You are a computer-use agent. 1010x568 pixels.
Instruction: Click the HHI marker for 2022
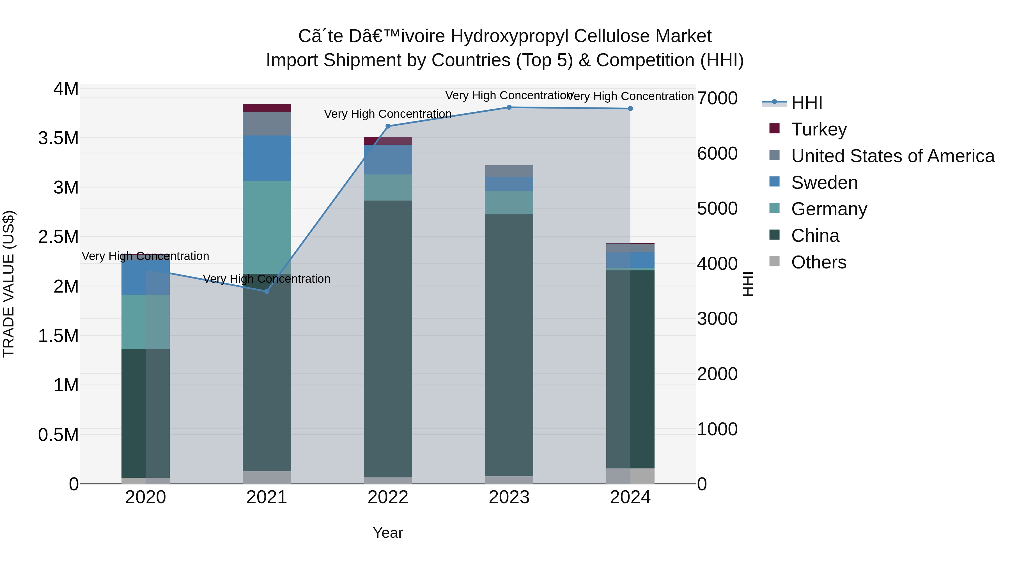(388, 126)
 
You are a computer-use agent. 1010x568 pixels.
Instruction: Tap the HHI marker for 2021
(267, 291)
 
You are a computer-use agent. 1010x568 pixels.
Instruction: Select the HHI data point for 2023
(509, 107)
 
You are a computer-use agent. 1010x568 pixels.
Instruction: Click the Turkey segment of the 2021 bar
(267, 108)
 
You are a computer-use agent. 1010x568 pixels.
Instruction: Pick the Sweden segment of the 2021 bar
(267, 158)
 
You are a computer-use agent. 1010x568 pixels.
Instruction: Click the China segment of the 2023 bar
(509, 345)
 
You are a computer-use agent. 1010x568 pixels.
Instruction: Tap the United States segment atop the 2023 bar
(509, 171)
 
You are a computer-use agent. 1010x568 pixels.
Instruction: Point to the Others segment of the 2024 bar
(630, 476)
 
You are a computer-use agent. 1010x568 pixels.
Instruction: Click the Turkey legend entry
(819, 129)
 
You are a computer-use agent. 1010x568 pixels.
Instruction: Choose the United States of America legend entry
(892, 156)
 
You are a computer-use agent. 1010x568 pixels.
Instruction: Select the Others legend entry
(818, 262)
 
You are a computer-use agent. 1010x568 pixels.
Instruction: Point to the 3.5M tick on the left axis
(58, 138)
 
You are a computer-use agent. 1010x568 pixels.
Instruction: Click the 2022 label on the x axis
(388, 497)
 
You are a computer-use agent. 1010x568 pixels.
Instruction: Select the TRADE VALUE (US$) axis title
(9, 284)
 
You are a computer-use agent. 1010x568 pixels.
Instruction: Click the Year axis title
(388, 533)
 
